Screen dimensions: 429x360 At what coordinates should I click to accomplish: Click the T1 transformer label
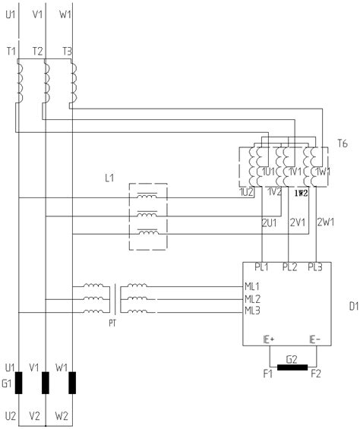pyautogui.click(x=10, y=50)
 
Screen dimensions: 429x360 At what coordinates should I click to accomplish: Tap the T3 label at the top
pyautogui.click(x=67, y=50)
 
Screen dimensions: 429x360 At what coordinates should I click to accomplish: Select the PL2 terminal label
pyautogui.click(x=289, y=267)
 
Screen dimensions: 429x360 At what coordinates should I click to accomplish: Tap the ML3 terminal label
pyautogui.click(x=252, y=310)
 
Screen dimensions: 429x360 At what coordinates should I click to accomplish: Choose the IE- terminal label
pyautogui.click(x=312, y=339)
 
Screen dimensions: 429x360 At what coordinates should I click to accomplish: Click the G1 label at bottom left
pyautogui.click(x=8, y=384)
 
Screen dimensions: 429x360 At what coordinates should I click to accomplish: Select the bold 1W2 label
pyautogui.click(x=300, y=193)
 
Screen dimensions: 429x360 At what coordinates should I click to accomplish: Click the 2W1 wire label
pyautogui.click(x=326, y=222)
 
